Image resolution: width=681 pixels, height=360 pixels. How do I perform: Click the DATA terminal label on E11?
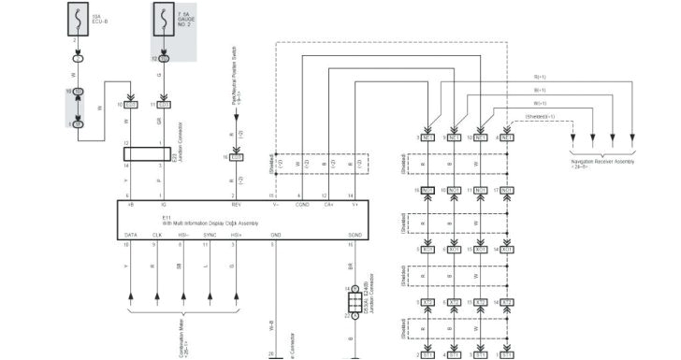(x=131, y=235)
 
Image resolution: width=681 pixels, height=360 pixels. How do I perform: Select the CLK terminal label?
(x=156, y=235)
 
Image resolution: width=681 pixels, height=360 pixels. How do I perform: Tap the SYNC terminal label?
(x=210, y=235)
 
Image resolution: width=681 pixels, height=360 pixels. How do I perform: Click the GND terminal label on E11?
(x=275, y=235)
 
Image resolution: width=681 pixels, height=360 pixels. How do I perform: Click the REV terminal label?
(x=236, y=203)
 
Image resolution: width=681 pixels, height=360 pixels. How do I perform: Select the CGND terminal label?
(x=303, y=203)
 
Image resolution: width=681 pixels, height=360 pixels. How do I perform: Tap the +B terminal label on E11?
(x=130, y=203)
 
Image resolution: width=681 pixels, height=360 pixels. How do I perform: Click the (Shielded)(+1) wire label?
(x=540, y=117)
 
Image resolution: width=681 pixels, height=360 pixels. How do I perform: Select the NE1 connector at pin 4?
(x=506, y=137)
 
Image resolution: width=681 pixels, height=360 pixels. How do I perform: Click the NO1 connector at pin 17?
(x=506, y=191)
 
